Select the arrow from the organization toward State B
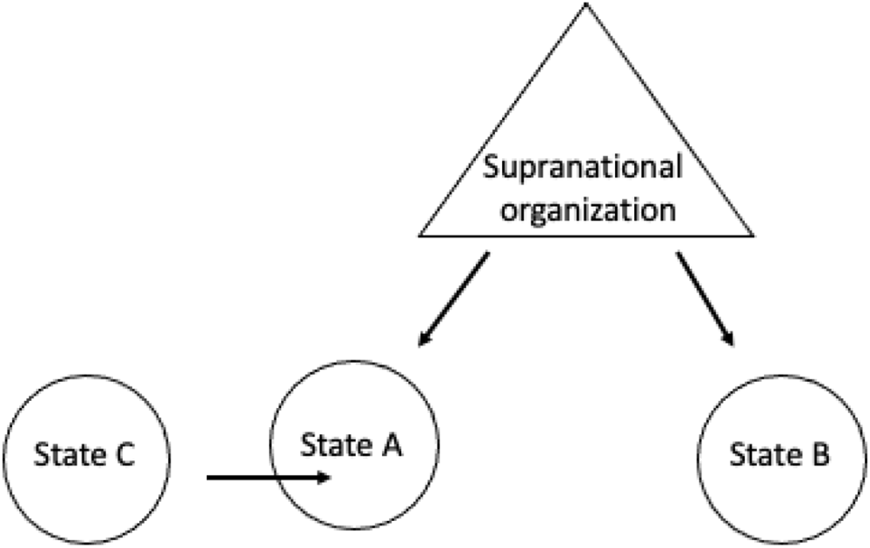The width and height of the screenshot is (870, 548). click(x=706, y=298)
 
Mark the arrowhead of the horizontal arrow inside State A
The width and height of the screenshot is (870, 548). click(x=325, y=477)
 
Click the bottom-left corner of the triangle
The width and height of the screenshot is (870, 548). click(x=420, y=236)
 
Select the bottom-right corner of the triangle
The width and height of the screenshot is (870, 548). click(x=752, y=236)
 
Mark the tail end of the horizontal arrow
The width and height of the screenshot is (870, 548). click(x=209, y=477)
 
